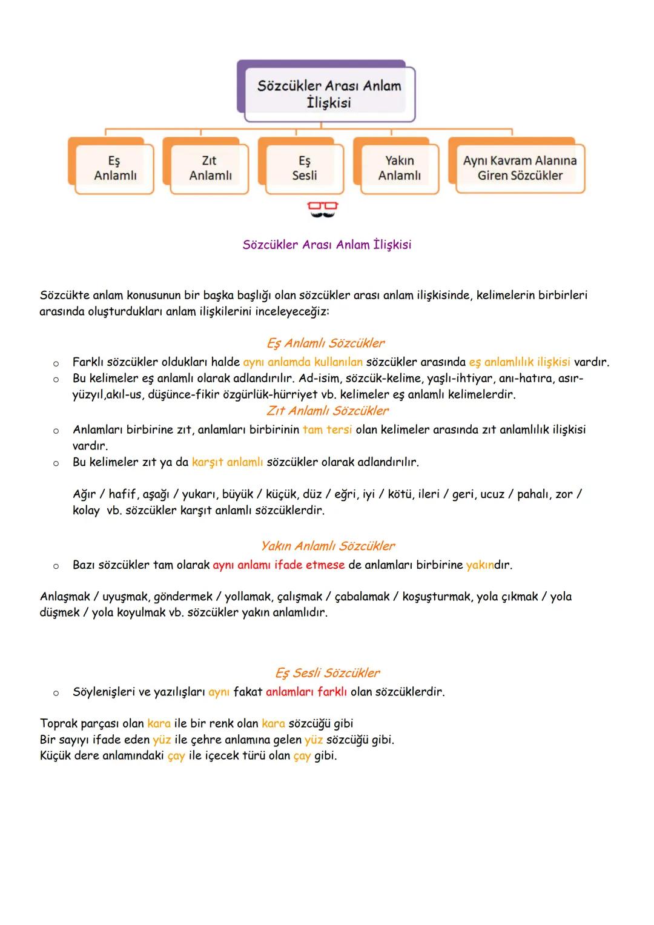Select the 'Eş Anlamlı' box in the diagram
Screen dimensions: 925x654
115,168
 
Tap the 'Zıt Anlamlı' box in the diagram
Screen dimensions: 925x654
210,168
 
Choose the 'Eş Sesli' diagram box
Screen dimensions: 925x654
304,168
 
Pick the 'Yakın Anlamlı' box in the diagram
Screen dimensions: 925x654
399,168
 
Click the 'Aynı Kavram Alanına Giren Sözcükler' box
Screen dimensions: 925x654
520,168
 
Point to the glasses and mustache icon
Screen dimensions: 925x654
322,210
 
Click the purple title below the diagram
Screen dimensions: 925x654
326,245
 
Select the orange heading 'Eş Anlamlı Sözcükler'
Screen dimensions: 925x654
326,343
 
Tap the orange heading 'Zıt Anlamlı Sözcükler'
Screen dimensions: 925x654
328,411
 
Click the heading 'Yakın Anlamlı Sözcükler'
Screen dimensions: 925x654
328,546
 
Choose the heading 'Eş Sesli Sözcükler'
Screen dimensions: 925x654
328,673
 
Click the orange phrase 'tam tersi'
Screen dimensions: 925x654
327,429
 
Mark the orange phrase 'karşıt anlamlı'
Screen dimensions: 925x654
227,462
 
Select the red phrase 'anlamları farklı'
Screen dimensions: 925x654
306,692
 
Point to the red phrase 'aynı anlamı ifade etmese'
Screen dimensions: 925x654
279,565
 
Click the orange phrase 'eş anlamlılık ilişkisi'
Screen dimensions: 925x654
519,362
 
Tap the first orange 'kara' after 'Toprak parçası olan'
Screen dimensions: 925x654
159,723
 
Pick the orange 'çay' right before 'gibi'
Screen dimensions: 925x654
302,756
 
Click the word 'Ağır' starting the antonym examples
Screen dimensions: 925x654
84,494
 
